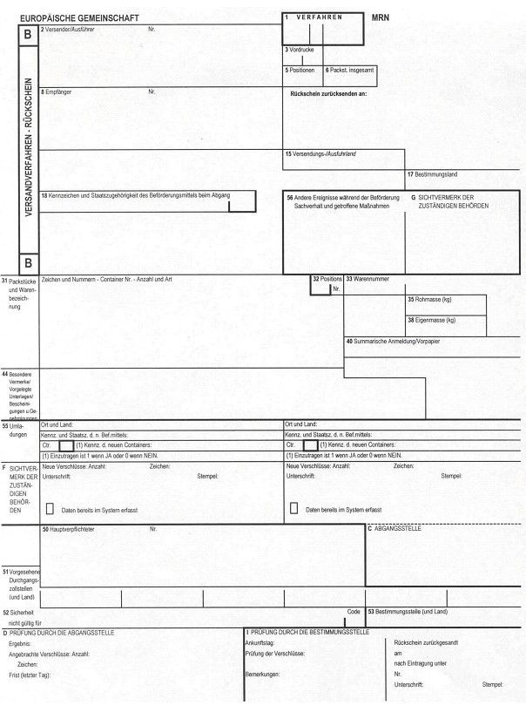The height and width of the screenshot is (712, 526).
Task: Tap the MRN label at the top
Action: pos(380,17)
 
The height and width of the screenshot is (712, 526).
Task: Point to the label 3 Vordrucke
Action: pos(299,50)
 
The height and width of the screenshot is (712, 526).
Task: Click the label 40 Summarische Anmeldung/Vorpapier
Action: pos(393,341)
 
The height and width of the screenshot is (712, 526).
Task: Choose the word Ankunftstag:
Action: pos(260,642)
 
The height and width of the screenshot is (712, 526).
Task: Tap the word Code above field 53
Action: pos(354,612)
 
